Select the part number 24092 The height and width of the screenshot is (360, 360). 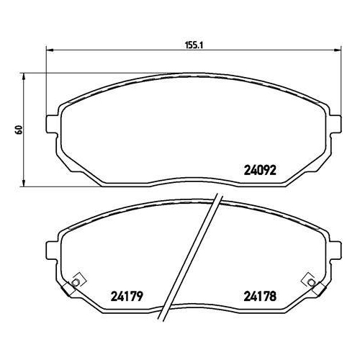[x=258, y=171]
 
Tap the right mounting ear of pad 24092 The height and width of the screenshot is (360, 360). [x=335, y=124]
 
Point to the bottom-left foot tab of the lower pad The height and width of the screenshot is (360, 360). [x=72, y=289]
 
